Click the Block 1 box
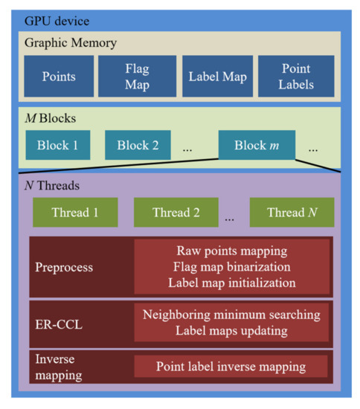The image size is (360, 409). click(x=57, y=144)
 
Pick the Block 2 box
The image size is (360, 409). click(x=137, y=144)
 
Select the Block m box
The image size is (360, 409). click(x=257, y=144)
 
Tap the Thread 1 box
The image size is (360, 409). click(x=74, y=213)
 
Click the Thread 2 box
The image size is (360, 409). click(x=176, y=213)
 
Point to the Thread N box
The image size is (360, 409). click(x=292, y=213)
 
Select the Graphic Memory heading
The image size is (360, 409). click(x=71, y=43)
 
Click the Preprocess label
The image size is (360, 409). click(x=64, y=265)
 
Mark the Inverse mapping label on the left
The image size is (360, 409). click(x=60, y=366)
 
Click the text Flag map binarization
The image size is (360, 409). click(x=231, y=266)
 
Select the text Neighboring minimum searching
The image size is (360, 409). click(x=231, y=315)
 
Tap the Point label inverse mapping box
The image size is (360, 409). click(x=231, y=367)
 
